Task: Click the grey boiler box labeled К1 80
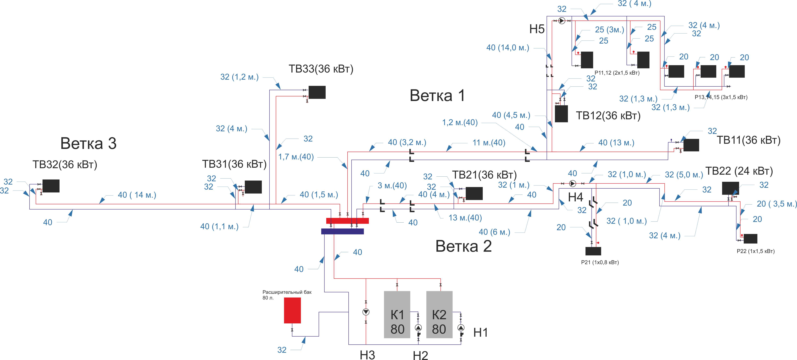(x=397, y=314)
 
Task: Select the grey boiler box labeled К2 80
(x=439, y=314)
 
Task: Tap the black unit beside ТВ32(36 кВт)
(x=51, y=186)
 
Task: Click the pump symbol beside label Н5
(x=562, y=21)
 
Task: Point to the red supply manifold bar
(x=347, y=221)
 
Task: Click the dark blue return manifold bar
(x=342, y=231)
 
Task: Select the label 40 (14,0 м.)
(x=508, y=48)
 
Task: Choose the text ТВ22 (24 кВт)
(x=739, y=171)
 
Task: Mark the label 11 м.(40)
(x=489, y=143)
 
